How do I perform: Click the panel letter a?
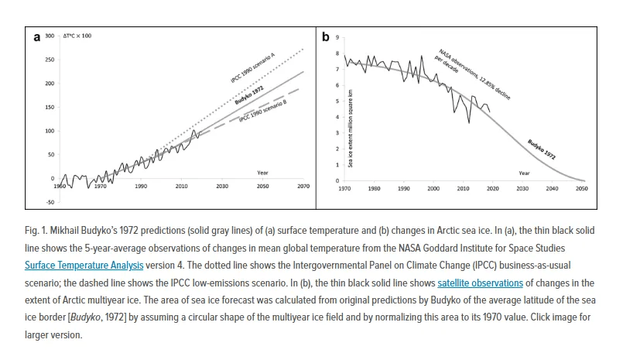[36, 36]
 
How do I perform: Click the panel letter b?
[326, 36]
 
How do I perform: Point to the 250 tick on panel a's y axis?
[50, 60]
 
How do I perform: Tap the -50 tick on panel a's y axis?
[50, 202]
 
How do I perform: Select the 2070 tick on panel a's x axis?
[303, 187]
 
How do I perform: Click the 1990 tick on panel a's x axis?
[141, 187]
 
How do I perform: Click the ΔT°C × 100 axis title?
[77, 36]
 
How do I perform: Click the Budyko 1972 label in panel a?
[249, 96]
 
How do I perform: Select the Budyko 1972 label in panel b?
[541, 148]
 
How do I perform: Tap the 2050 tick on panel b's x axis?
[582, 188]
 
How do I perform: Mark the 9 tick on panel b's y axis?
[337, 37]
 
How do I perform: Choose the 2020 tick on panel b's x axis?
[493, 188]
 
